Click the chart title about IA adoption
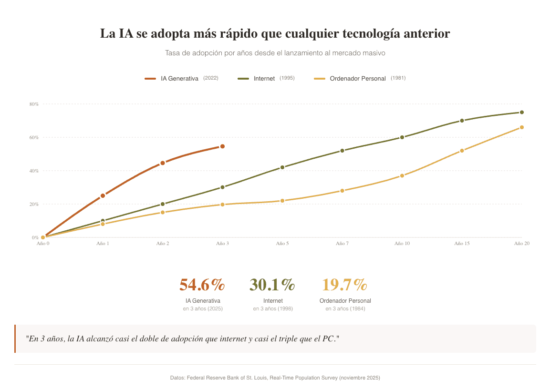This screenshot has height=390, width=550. coord(275,34)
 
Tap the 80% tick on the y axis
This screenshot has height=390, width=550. coord(33,104)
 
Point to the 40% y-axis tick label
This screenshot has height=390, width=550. coord(33,171)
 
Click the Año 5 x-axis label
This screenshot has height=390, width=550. coord(282,244)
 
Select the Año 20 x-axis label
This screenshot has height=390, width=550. coord(521,244)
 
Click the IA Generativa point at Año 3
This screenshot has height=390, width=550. coord(222,146)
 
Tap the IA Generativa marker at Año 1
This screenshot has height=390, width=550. coord(103,195)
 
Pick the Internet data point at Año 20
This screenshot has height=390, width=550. coord(522,113)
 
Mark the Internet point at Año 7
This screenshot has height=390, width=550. coord(342,151)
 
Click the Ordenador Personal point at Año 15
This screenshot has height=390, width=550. coord(462,151)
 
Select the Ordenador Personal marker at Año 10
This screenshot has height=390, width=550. coord(402,175)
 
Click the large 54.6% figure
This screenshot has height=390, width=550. coord(202,285)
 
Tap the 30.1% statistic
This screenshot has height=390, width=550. coord(272,285)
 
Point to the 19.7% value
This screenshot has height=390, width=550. coord(345,285)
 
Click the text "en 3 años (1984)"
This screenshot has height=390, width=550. coord(345,309)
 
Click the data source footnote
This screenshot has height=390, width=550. coord(275,378)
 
